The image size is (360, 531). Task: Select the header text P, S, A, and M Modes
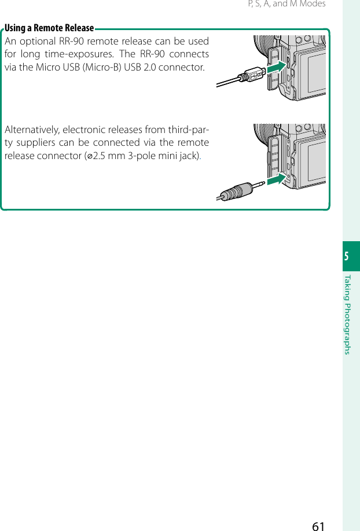click(286, 4)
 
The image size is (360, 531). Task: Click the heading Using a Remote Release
click(49, 28)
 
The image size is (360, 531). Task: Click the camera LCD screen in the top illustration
click(316, 72)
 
